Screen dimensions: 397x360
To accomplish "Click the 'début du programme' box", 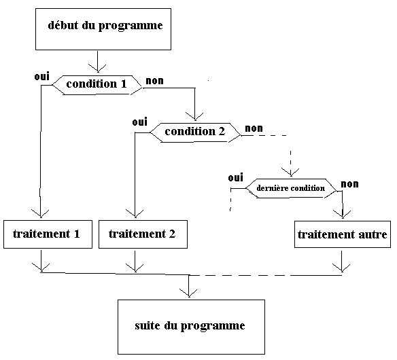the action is pyautogui.click(x=103, y=29).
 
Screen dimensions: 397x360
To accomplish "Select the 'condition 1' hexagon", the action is pyautogui.click(x=97, y=85).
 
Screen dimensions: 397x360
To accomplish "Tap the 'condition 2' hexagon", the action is pyautogui.click(x=195, y=132).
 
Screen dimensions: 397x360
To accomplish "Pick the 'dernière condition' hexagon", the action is pyautogui.click(x=291, y=188).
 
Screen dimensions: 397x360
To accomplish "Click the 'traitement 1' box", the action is pyautogui.click(x=48, y=234).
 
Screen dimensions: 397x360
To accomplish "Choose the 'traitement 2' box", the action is pyautogui.click(x=143, y=234).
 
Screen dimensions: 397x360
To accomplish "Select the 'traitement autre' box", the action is pyautogui.click(x=343, y=234).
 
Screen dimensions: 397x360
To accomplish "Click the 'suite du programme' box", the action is pyautogui.click(x=192, y=327).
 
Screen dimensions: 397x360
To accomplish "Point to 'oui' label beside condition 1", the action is pyautogui.click(x=41, y=76).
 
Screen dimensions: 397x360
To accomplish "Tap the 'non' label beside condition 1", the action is pyautogui.click(x=155, y=81).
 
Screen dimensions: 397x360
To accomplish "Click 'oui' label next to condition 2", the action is pyautogui.click(x=140, y=122).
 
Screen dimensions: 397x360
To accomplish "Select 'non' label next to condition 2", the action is pyautogui.click(x=254, y=128).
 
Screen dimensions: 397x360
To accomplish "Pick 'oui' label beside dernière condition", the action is pyautogui.click(x=236, y=177).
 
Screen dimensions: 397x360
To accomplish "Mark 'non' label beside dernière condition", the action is pyautogui.click(x=349, y=184).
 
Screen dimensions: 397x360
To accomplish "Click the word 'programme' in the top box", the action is pyautogui.click(x=131, y=26).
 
